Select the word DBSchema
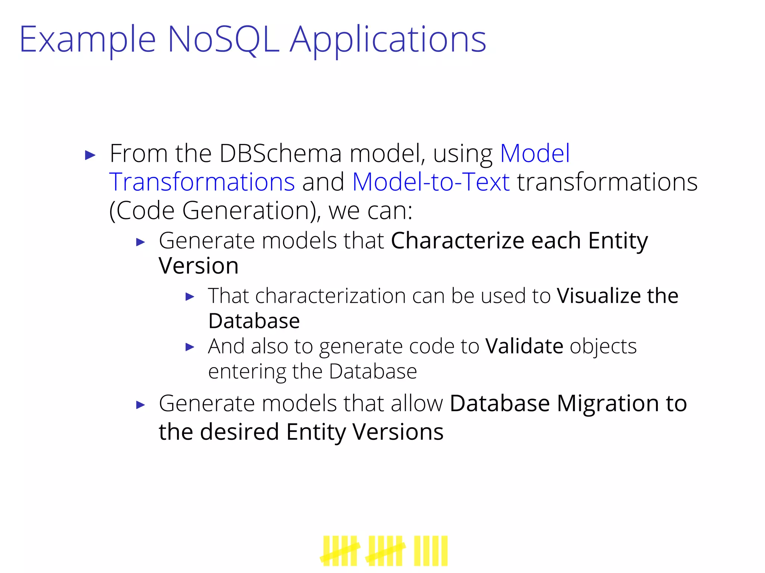tap(280, 154)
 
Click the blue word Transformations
tap(202, 182)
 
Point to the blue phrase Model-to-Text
tap(431, 182)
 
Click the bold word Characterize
tap(457, 241)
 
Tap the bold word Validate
tap(524, 346)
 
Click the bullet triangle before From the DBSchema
tap(90, 155)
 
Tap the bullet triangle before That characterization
tap(190, 297)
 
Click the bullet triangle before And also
tap(190, 347)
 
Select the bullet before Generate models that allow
tap(140, 405)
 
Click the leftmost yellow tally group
tap(340, 551)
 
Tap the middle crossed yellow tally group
tap(385, 551)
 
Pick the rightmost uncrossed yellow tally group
tap(430, 551)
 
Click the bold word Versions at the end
tap(398, 432)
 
